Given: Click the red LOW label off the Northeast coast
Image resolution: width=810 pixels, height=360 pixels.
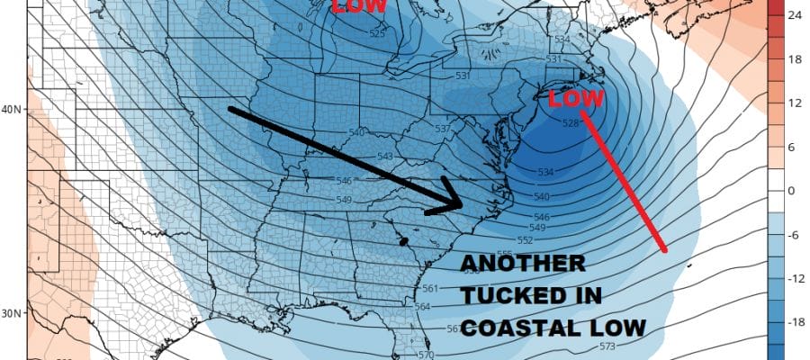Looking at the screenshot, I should pyautogui.click(x=572, y=97).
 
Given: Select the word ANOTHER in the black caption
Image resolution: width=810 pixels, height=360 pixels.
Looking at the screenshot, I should pyautogui.click(x=523, y=265).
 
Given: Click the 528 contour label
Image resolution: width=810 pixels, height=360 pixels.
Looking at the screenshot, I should pyautogui.click(x=570, y=123).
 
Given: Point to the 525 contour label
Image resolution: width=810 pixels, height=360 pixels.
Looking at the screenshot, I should pyautogui.click(x=377, y=34).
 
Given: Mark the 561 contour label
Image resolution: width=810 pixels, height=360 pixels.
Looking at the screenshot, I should pyautogui.click(x=429, y=288).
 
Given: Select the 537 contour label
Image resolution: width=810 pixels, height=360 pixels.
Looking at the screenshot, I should pyautogui.click(x=442, y=129).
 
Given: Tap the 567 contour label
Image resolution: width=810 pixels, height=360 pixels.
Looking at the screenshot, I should pyautogui.click(x=454, y=328).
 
